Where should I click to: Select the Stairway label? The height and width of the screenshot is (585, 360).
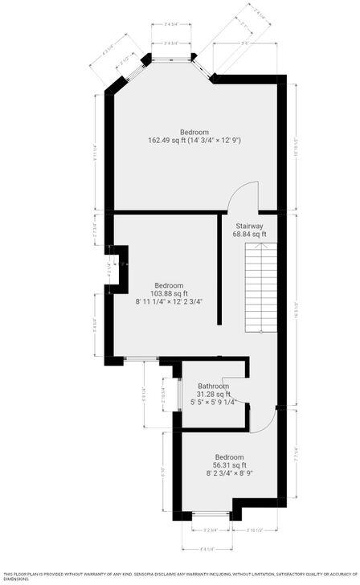[249, 226]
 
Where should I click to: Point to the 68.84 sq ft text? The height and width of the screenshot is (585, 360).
[249, 235]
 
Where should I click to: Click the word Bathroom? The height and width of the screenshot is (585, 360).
[214, 386]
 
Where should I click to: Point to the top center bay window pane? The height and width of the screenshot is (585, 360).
[170, 56]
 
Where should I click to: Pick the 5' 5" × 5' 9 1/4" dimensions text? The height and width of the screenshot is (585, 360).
[214, 403]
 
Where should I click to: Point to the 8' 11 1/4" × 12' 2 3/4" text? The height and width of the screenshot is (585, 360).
[169, 302]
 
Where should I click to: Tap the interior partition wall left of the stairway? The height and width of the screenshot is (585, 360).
[219, 269]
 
